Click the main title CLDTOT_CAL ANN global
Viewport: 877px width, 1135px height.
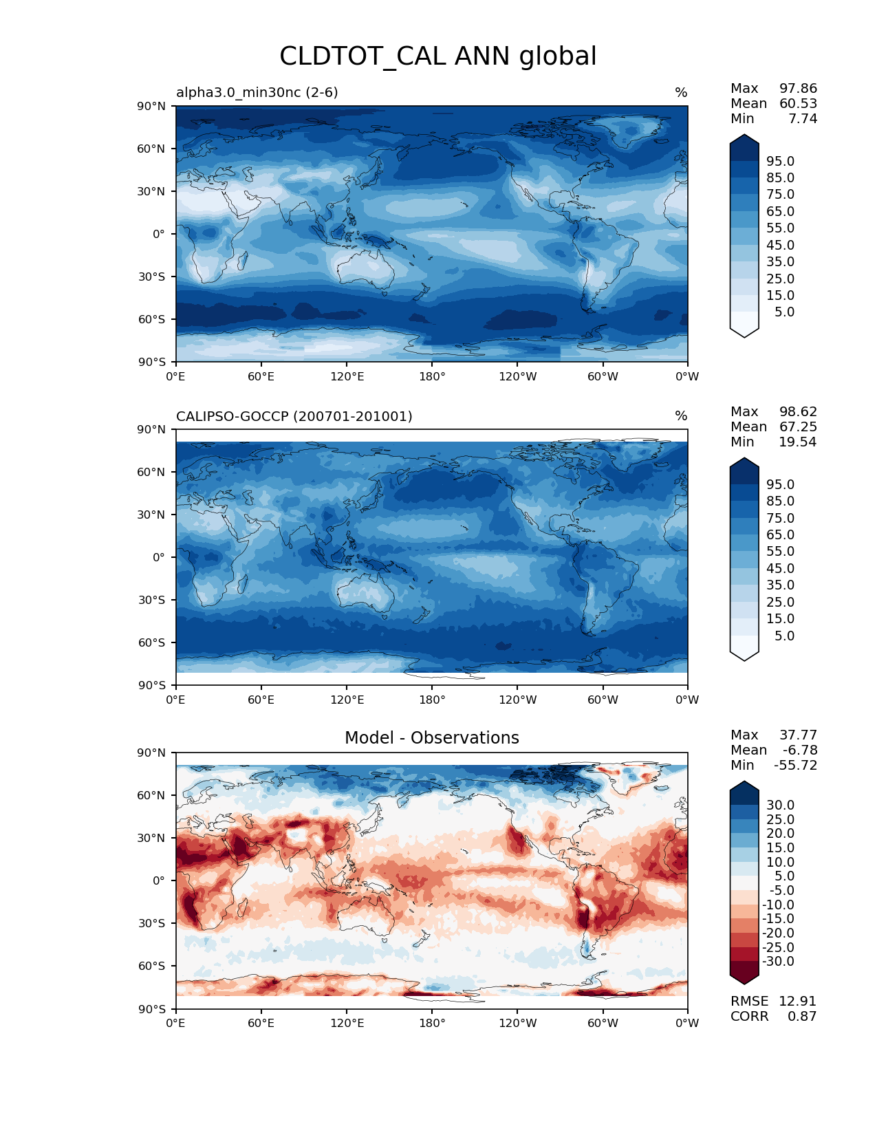point(437,56)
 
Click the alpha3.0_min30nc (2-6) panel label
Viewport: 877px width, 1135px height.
point(257,92)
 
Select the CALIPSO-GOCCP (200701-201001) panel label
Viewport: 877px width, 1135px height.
point(294,416)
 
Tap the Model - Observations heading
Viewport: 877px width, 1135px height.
point(431,738)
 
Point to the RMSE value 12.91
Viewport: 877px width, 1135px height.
point(797,1001)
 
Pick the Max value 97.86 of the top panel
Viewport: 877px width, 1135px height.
point(798,88)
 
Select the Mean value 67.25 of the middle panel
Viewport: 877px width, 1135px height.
point(798,426)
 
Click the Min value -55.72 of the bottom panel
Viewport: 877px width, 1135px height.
point(795,765)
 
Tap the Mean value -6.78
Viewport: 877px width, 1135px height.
point(799,750)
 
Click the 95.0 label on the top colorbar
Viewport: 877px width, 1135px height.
point(780,161)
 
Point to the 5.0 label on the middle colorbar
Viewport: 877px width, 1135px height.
point(784,636)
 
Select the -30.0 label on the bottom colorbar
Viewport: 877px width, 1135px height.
point(778,961)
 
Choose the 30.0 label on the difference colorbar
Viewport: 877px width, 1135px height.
point(780,805)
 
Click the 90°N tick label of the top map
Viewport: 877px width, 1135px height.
point(152,106)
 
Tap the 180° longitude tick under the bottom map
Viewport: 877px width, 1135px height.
point(432,1023)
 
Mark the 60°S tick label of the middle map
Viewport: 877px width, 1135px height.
point(152,642)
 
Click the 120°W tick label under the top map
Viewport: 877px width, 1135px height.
point(517,376)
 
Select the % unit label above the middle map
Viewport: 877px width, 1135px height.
point(681,416)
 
